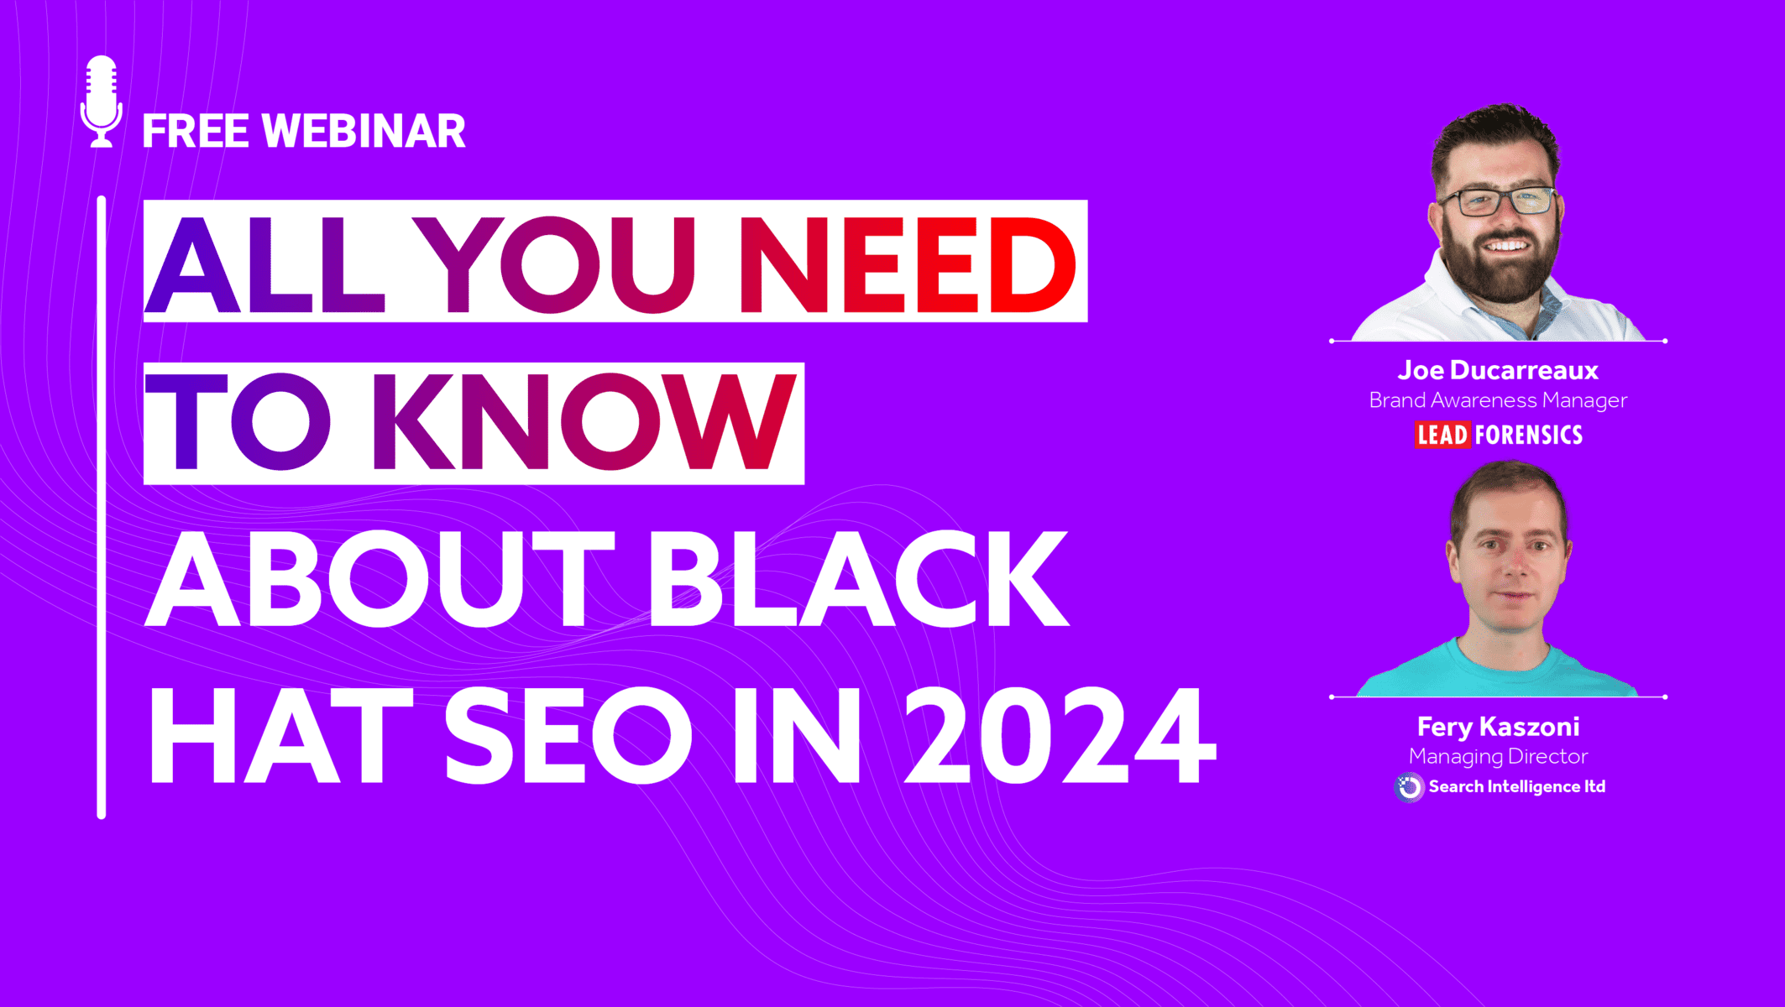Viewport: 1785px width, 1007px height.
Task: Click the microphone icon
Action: click(102, 102)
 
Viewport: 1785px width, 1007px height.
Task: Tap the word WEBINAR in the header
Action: click(364, 132)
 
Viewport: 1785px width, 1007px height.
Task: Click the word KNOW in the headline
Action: click(592, 421)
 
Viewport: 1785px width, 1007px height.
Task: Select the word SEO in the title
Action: click(569, 735)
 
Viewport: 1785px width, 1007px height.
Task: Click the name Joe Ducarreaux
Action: click(1498, 370)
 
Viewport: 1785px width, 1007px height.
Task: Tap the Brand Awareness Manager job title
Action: click(1498, 401)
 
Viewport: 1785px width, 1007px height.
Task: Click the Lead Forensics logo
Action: click(1499, 435)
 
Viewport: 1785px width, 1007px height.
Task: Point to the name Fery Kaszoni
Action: click(1498, 727)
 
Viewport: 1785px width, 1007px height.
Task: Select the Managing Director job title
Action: click(1498, 757)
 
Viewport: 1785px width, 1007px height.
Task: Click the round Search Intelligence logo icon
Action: click(1410, 787)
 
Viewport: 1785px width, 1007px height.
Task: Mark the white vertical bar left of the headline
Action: click(102, 507)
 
